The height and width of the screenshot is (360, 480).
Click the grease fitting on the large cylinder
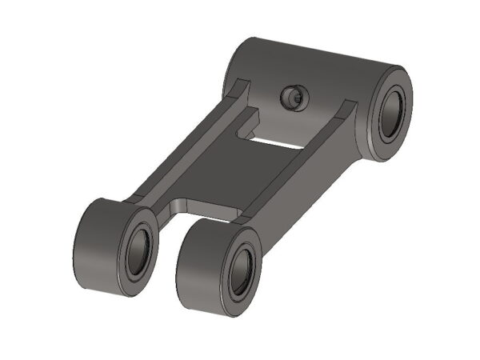point(293,98)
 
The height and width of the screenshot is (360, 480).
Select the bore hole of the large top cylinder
point(391,112)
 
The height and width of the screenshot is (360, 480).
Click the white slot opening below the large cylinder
point(277,142)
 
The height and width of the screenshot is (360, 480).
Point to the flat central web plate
point(232,172)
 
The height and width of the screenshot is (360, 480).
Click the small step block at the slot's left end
point(250,124)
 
